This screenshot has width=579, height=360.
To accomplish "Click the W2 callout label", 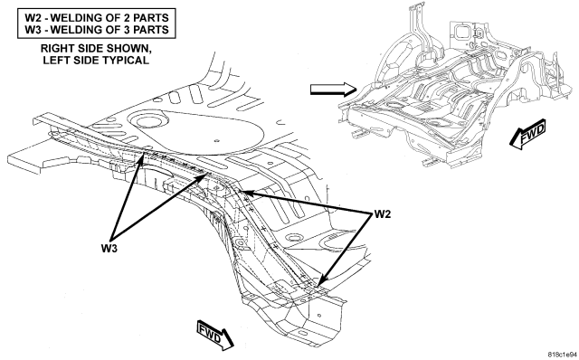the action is [382, 214].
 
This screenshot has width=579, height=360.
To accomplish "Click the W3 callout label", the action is [109, 249].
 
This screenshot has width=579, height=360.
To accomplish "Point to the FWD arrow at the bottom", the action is [215, 334].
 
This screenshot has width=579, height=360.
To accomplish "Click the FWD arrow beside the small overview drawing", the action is [528, 135].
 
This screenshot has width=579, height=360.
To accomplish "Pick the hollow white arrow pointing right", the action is [333, 90].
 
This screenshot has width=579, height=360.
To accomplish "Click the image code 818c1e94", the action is [563, 354].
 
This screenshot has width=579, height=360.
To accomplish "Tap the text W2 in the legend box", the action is [33, 18].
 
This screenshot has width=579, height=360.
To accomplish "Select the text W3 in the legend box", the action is [33, 30].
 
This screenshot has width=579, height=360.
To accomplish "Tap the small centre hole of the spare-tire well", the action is [217, 140].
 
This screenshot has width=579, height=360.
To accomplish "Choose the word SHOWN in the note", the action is [128, 48].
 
